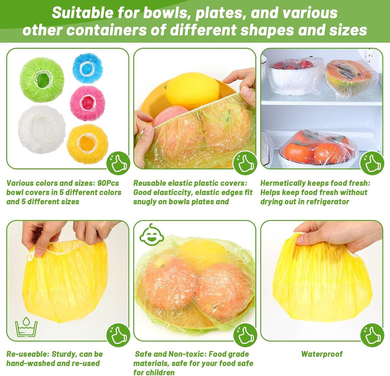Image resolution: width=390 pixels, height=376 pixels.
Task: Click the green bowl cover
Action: point(42,80)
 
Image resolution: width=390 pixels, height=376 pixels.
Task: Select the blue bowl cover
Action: point(88,68)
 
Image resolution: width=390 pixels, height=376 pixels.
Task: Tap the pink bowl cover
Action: point(87,103)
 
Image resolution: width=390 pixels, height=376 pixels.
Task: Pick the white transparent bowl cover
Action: point(42,129)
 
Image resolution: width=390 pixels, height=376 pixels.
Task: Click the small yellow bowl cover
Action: point(87,144)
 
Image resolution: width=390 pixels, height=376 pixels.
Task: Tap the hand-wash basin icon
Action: point(26,327)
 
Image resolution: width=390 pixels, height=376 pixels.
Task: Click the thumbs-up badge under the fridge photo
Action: point(372,163)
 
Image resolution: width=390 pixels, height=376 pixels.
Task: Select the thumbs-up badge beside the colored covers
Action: point(118,163)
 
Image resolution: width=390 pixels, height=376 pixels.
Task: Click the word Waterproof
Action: point(322,354)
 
